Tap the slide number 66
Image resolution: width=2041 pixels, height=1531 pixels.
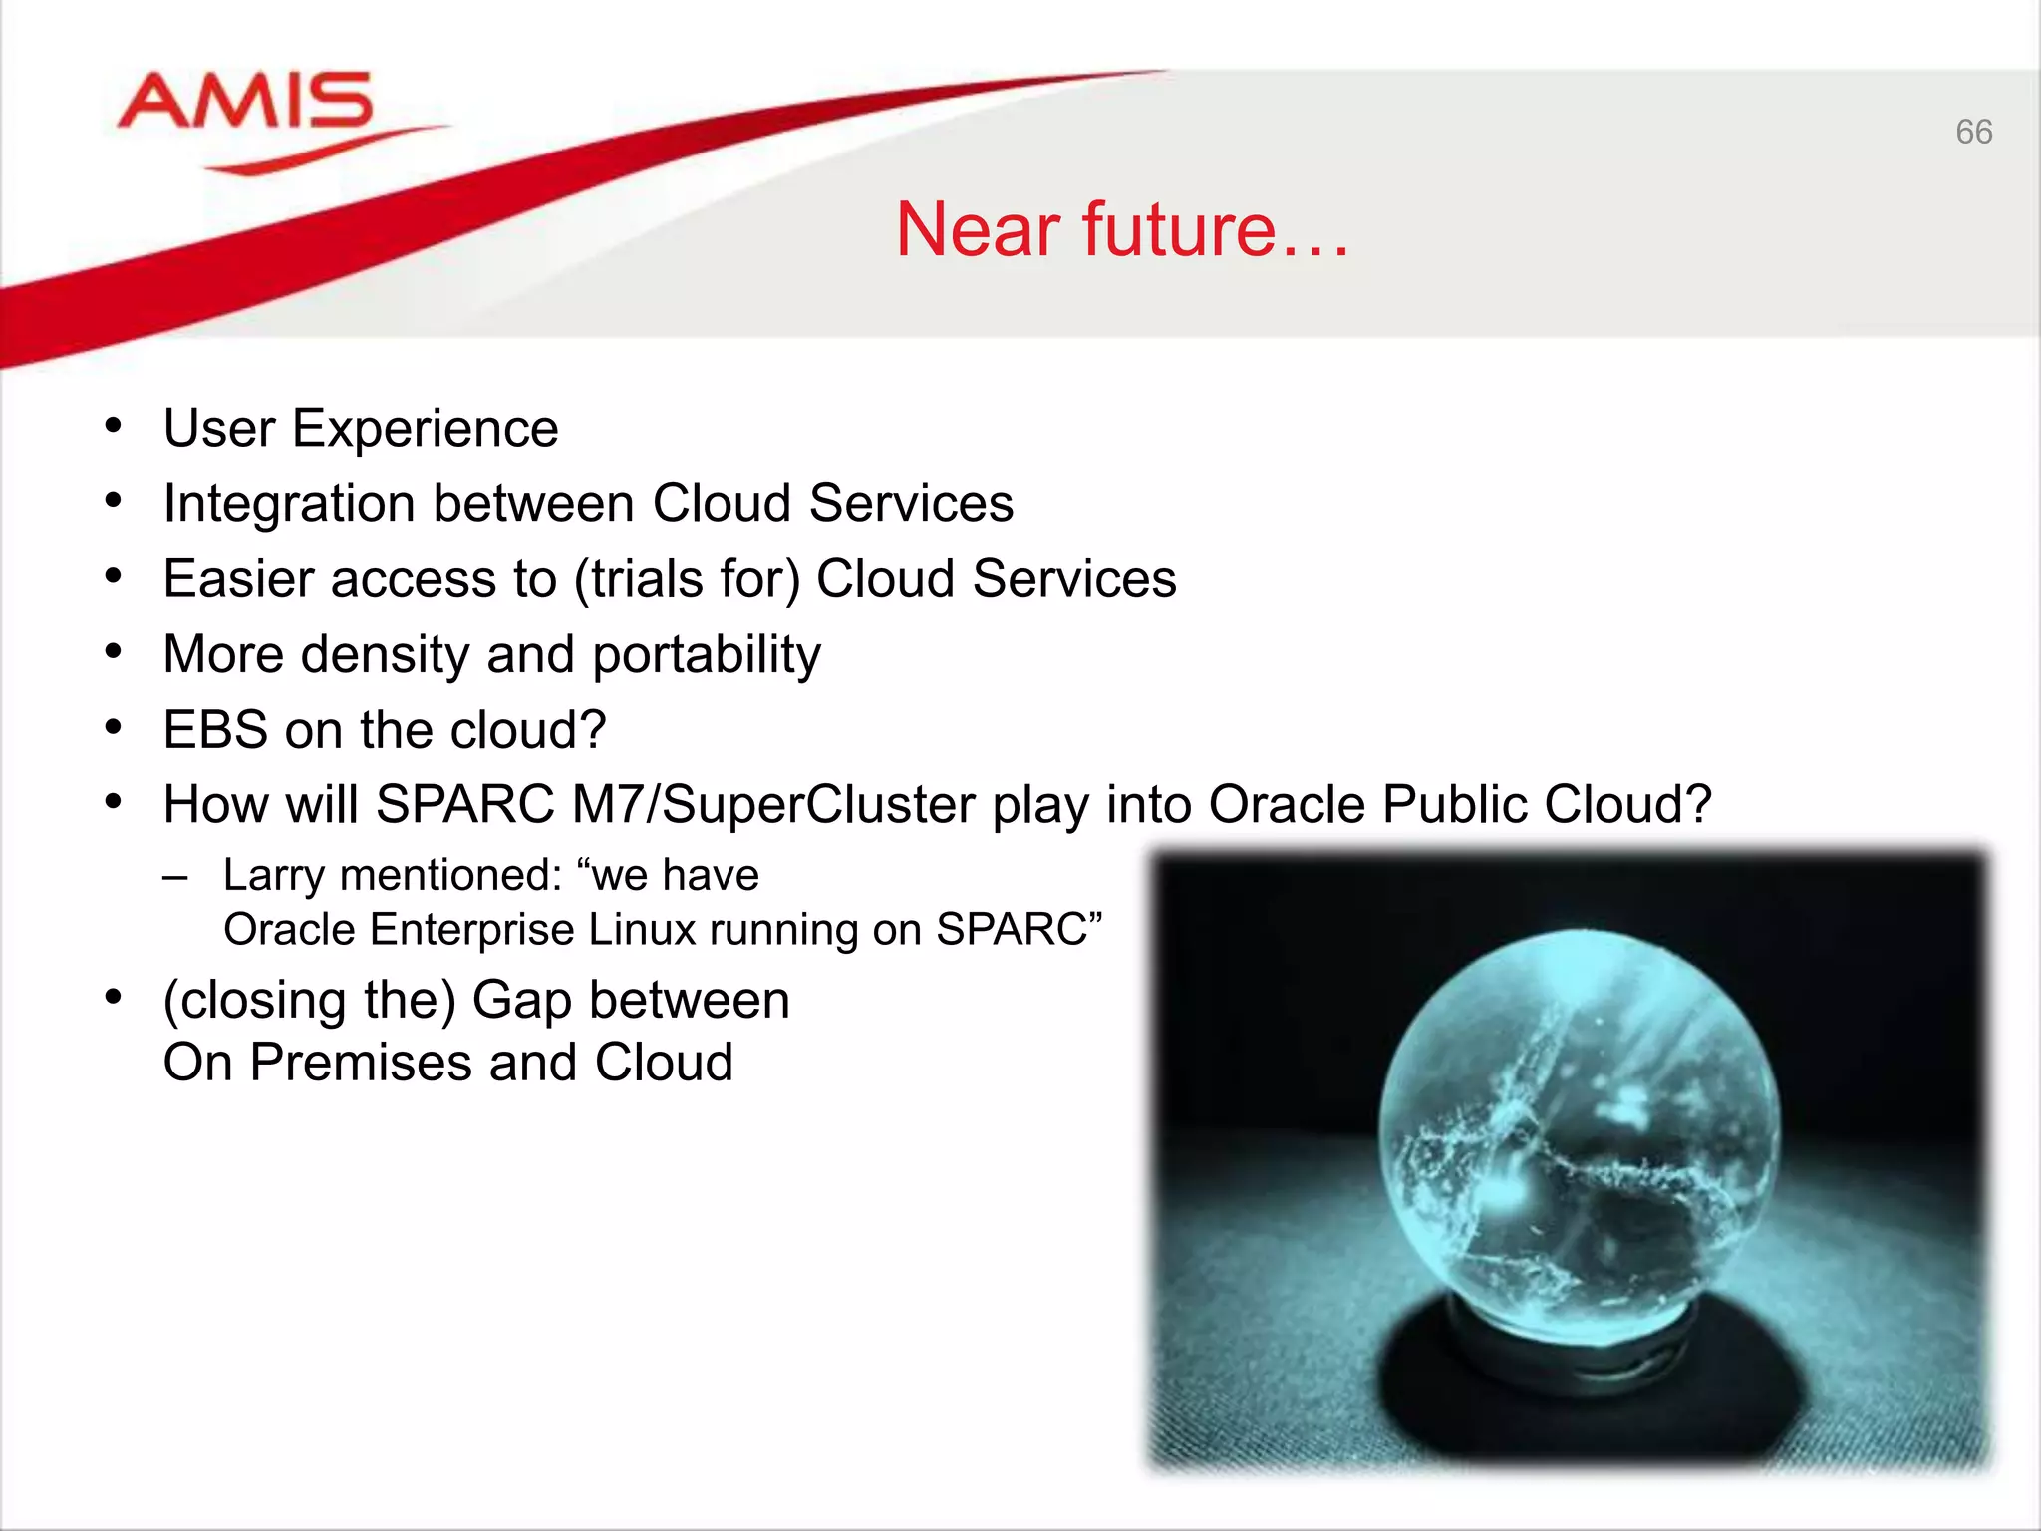tap(1973, 132)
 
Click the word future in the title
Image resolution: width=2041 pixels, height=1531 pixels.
tap(1179, 229)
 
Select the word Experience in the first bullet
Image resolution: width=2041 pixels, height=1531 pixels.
tap(425, 430)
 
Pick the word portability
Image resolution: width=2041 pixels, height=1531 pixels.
tap(707, 656)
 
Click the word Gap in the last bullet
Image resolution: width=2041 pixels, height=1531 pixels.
tap(521, 1001)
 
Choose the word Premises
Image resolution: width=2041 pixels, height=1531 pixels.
tap(362, 1063)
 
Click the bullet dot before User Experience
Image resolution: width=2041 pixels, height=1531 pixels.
tap(113, 426)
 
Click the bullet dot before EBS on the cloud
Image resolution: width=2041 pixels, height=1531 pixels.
tap(113, 728)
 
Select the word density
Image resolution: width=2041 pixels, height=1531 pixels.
tap(385, 656)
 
